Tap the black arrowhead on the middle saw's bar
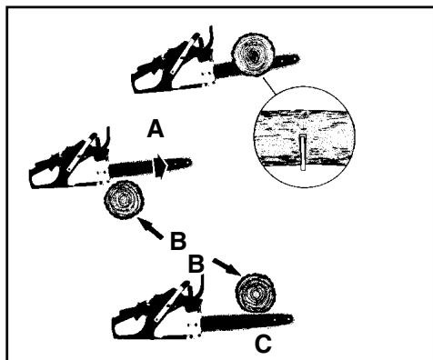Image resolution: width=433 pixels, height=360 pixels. click(x=159, y=165)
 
